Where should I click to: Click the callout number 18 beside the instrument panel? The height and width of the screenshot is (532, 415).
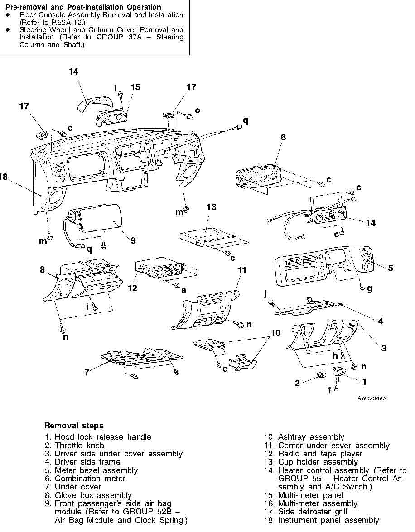(3, 177)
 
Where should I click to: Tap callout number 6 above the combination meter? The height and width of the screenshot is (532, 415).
(283, 137)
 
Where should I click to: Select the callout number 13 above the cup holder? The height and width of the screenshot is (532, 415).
(211, 207)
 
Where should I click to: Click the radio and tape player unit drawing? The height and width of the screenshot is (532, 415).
(159, 270)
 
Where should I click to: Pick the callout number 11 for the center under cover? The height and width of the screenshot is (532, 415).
(242, 270)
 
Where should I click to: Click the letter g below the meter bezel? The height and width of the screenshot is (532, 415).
(370, 289)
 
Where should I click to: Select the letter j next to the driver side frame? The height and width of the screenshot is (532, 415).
(265, 293)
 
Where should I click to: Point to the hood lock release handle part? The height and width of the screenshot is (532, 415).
(340, 372)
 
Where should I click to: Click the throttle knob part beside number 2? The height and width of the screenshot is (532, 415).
(321, 374)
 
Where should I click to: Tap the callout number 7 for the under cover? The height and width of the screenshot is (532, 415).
(87, 373)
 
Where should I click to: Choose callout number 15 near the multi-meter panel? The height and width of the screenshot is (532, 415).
(135, 87)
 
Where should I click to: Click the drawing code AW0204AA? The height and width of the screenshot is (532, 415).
(372, 398)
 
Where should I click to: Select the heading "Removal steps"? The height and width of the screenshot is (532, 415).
(74, 426)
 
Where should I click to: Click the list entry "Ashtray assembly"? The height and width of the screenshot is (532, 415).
(311, 437)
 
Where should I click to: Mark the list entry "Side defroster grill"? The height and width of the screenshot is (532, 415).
(313, 512)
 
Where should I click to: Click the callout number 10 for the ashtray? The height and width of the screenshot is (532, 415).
(275, 333)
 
